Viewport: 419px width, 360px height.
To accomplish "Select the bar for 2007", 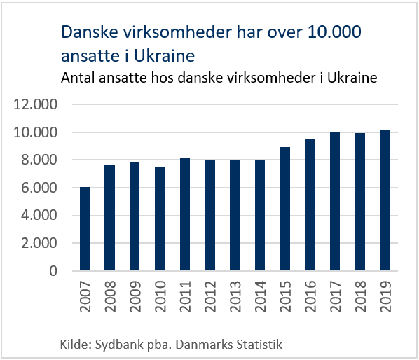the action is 85,229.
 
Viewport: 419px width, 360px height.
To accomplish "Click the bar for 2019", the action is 385,200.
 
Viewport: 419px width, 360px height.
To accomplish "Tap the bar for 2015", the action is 285,209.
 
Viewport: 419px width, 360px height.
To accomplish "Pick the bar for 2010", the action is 160,219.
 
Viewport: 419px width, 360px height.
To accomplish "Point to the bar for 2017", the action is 335,202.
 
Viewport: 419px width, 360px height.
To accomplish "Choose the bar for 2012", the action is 210,216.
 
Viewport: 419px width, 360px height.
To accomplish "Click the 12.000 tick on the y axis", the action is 35,104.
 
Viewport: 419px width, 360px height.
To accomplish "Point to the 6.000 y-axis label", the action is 39,188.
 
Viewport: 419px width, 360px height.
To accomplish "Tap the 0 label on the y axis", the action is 53,271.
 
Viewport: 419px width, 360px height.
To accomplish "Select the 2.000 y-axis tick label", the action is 39,243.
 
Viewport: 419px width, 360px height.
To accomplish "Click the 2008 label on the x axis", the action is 110,296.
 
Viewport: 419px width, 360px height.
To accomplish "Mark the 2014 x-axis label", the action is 261,296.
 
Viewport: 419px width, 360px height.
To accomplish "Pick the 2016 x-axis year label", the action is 310,296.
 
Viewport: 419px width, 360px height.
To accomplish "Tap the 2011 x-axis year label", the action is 186,296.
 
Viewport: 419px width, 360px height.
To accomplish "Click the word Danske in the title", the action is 90,32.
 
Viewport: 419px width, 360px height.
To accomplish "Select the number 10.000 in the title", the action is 334,32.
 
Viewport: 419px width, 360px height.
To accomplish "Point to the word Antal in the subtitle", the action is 78,78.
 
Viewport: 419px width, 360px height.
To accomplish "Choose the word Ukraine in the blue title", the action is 164,56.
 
